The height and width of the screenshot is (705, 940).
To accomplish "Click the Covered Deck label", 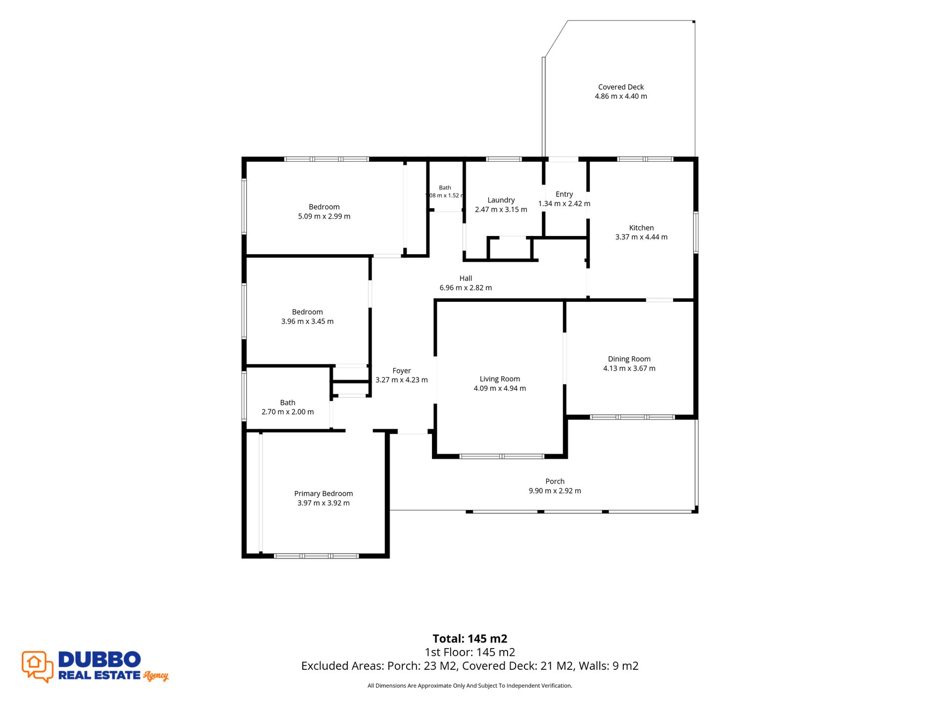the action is click(621, 87).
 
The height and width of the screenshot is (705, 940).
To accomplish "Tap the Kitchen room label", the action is click(641, 228).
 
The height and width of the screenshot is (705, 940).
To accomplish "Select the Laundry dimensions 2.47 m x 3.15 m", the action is click(501, 209).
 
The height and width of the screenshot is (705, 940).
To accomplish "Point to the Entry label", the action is click(564, 194).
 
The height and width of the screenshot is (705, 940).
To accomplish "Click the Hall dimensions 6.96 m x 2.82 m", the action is click(466, 287).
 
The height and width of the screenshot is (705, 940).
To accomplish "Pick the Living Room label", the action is click(500, 379).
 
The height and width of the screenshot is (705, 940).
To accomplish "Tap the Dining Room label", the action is click(629, 359).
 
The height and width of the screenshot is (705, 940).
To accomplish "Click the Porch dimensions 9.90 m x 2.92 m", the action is click(555, 491).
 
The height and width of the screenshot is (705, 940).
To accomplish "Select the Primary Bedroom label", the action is click(324, 494).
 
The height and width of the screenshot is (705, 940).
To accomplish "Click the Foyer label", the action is click(402, 371).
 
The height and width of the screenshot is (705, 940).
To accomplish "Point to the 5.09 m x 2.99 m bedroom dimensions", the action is click(324, 216).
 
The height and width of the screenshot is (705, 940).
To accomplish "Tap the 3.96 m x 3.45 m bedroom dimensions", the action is click(307, 321).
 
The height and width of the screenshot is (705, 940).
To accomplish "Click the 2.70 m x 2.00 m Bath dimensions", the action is click(287, 412).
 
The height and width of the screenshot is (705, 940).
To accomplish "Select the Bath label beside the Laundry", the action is click(445, 188).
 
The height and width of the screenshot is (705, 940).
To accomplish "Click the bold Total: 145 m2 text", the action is click(470, 639).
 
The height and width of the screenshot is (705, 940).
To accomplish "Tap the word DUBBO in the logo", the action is click(99, 659).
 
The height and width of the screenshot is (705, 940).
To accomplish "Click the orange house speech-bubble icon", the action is click(38, 666).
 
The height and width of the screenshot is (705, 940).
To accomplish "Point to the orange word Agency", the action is click(156, 676).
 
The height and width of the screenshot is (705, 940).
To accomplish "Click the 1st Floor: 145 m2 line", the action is click(470, 653).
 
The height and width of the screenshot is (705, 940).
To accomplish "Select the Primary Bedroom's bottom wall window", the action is click(317, 556).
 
